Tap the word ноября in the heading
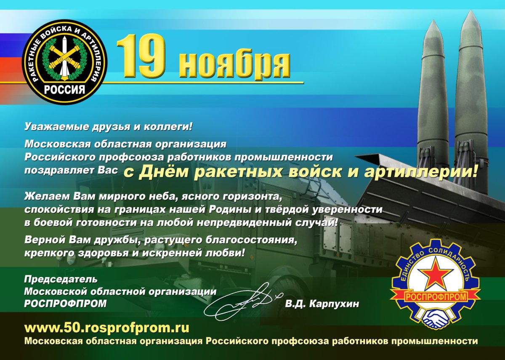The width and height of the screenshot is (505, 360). (234, 63)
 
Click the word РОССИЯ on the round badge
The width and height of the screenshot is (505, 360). (64, 90)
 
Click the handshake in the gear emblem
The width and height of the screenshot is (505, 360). (436, 318)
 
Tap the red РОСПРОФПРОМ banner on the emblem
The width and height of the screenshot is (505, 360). (436, 297)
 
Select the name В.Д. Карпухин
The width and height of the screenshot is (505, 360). (322, 304)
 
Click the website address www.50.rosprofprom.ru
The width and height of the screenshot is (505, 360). (107, 328)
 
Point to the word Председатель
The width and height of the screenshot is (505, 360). (61, 279)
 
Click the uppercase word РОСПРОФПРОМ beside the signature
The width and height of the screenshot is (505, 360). (65, 304)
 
